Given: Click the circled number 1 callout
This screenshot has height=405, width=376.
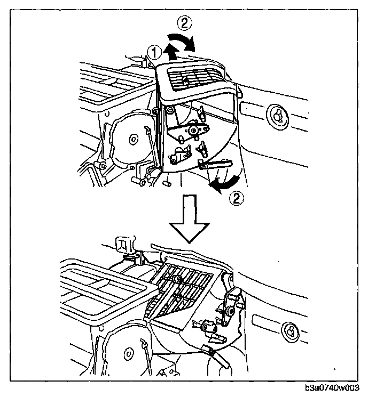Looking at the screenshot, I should click(x=154, y=52).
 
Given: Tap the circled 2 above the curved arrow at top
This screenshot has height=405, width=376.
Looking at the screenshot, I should click(x=182, y=23).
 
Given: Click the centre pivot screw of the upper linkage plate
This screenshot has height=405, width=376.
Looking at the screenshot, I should click(x=193, y=130).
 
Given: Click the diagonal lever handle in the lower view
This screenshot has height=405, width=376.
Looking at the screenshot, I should click(x=218, y=356).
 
